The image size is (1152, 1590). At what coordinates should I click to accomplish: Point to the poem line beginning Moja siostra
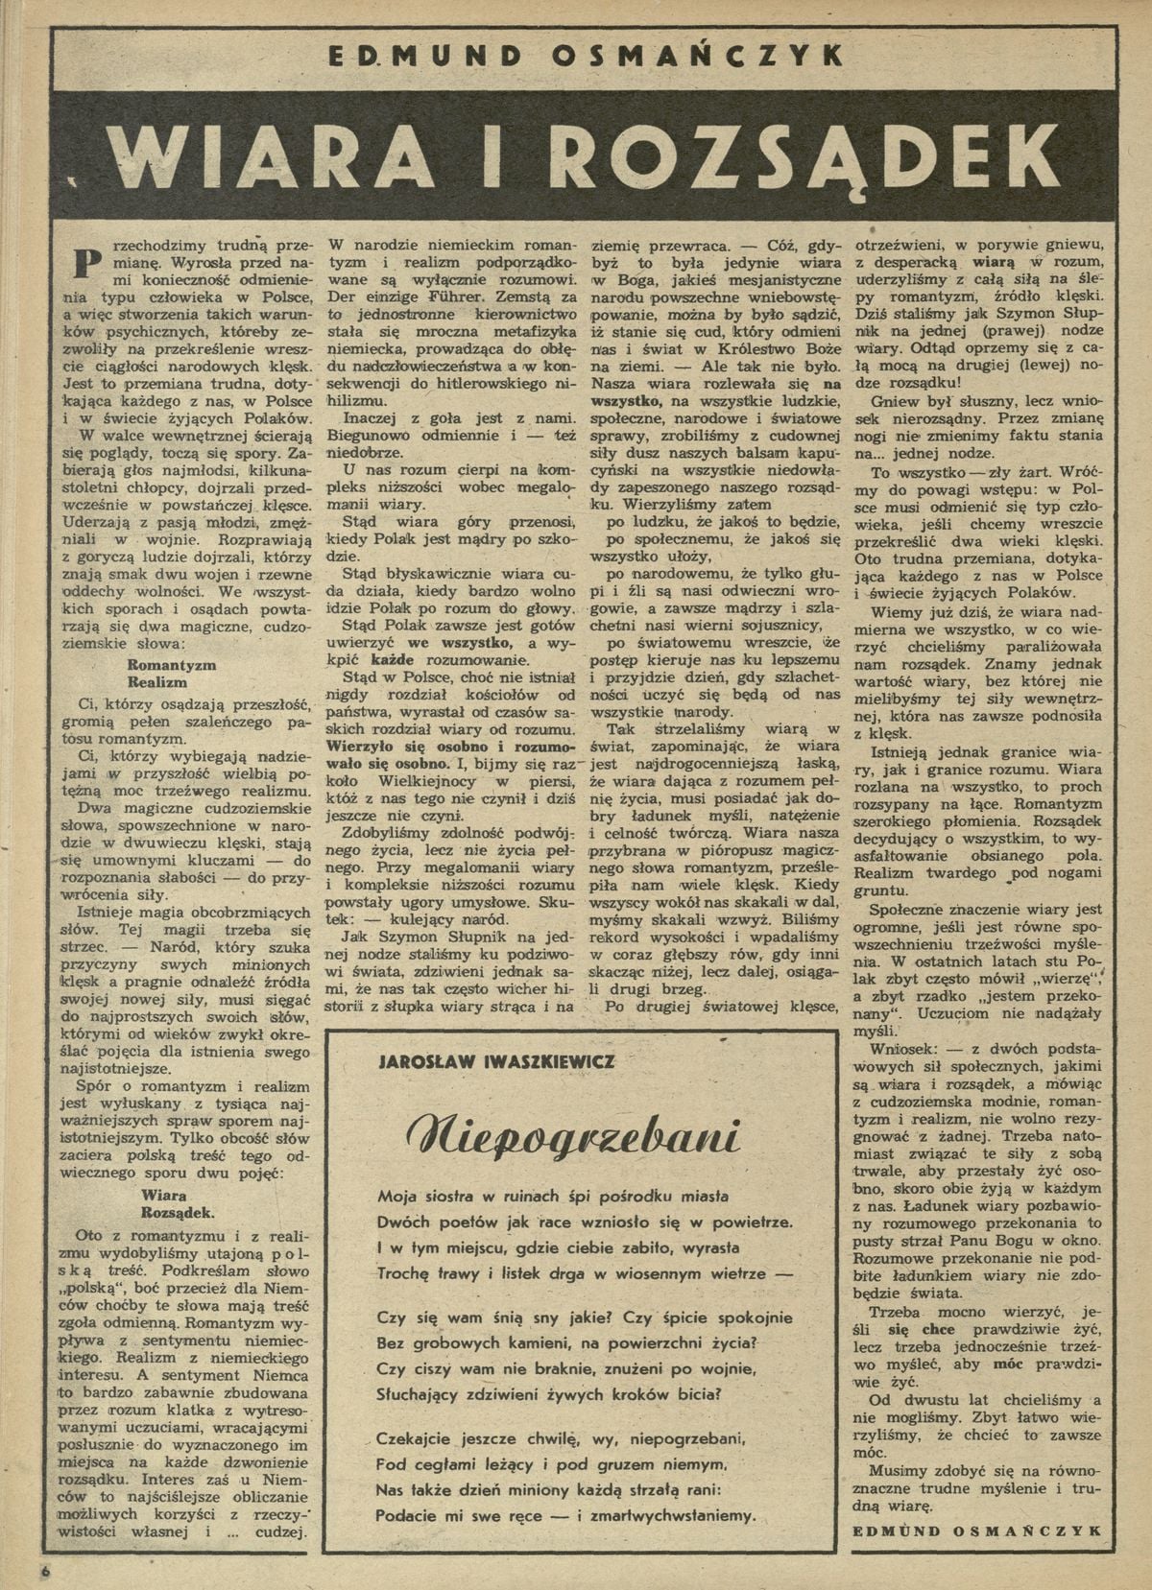click(x=553, y=1196)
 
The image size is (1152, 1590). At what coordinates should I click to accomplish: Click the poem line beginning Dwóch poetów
click(x=586, y=1222)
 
